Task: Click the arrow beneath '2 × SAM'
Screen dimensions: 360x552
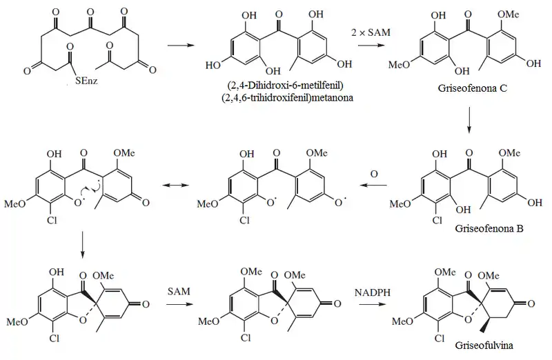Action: pos(373,46)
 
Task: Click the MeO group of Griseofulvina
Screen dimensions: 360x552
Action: pos(402,321)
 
